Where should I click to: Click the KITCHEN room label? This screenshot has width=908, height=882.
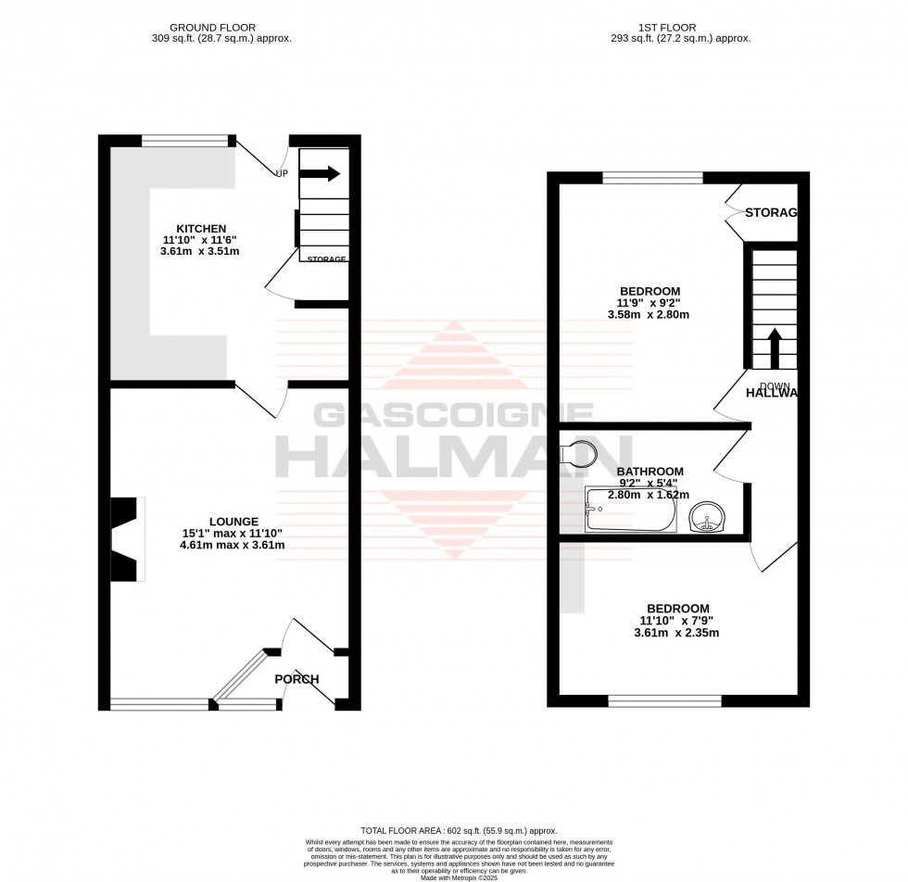[x=202, y=229]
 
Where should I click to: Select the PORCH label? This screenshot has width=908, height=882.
[x=296, y=679]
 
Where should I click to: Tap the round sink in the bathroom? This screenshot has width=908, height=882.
[x=711, y=515]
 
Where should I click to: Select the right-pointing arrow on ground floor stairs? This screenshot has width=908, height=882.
[x=322, y=173]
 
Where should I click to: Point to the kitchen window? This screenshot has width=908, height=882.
[x=184, y=141]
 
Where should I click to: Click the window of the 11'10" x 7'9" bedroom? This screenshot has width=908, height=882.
[x=664, y=701]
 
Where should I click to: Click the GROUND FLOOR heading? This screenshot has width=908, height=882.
[x=213, y=28]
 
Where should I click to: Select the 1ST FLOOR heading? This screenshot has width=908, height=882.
[x=667, y=28]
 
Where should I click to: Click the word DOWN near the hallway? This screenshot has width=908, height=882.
[x=774, y=385]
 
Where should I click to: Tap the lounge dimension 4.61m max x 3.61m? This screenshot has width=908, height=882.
[x=233, y=545]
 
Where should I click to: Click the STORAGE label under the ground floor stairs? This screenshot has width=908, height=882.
[x=327, y=259]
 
